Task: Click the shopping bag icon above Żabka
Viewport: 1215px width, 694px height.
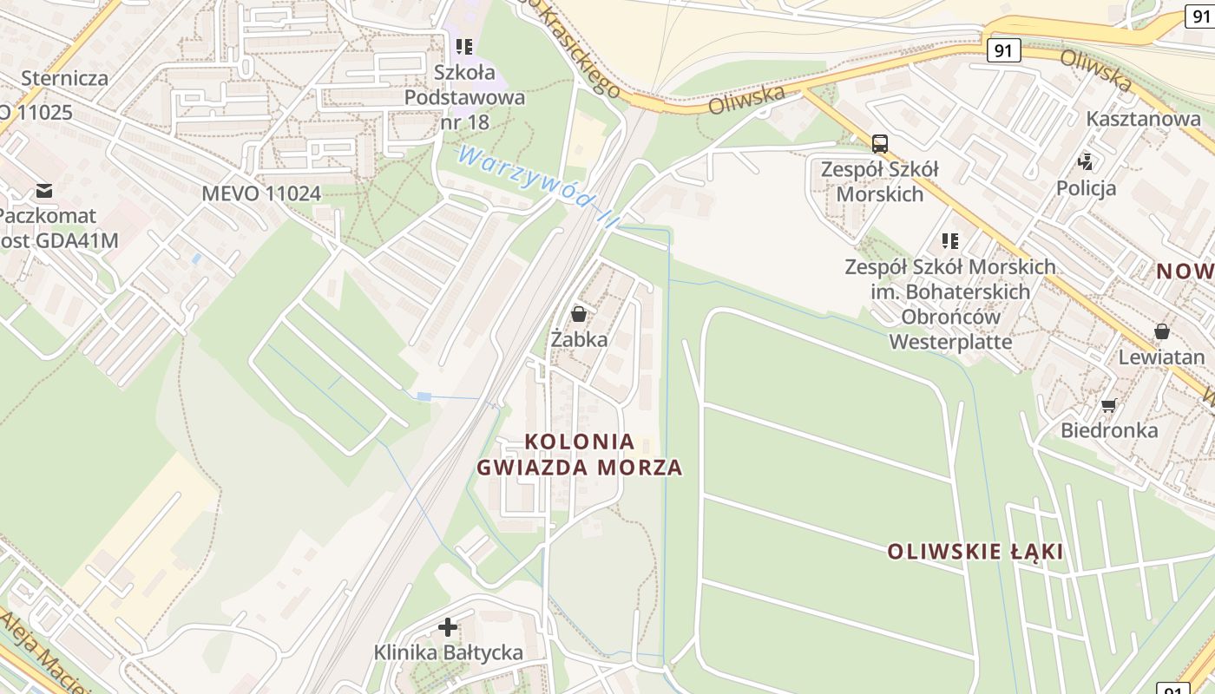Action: pos(579,314)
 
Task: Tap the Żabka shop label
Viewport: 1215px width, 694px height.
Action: pos(579,339)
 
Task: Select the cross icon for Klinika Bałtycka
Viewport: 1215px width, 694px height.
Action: pos(448,626)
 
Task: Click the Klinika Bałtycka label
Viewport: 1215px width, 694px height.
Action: pos(448,652)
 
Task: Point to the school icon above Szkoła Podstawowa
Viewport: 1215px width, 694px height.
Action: pos(464,46)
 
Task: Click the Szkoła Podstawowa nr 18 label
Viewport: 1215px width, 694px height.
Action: pos(465,97)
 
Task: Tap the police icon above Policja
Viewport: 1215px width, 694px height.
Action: pos(1086,160)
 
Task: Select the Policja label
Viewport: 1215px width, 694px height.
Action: pos(1086,187)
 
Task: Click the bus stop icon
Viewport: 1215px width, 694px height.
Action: pos(880,143)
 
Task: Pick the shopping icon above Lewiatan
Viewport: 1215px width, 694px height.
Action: pos(1161,331)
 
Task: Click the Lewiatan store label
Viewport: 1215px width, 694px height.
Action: pos(1161,357)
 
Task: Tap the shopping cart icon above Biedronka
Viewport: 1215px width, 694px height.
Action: pos(1108,405)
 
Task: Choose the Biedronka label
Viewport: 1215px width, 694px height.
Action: pos(1109,430)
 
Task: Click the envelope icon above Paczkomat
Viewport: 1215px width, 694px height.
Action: pos(44,190)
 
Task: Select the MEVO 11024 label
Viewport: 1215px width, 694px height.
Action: pos(261,193)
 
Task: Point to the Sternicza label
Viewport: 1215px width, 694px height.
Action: pos(65,78)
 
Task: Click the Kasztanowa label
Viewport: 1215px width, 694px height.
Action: pos(1143,119)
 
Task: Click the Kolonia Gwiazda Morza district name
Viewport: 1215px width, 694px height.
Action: pos(580,455)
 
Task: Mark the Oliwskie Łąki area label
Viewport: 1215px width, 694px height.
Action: pos(975,552)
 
